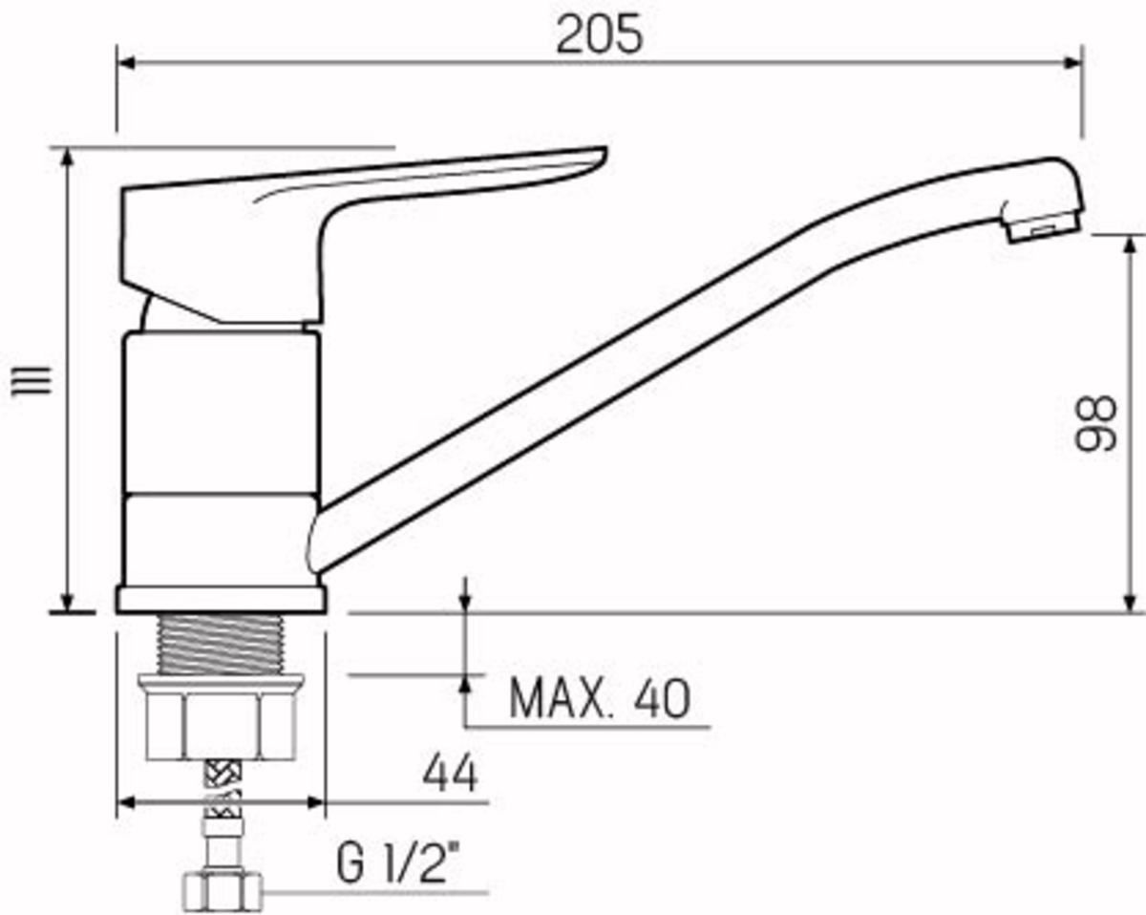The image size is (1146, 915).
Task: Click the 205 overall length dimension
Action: pyautogui.click(x=600, y=35)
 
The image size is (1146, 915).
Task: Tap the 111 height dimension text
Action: pyautogui.click(x=37, y=381)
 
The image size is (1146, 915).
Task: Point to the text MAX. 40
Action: pyautogui.click(x=598, y=699)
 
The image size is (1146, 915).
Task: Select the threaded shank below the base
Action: pyautogui.click(x=221, y=645)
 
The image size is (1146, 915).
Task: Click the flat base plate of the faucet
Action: pyautogui.click(x=221, y=599)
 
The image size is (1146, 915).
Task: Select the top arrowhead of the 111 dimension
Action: pyautogui.click(x=69, y=159)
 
